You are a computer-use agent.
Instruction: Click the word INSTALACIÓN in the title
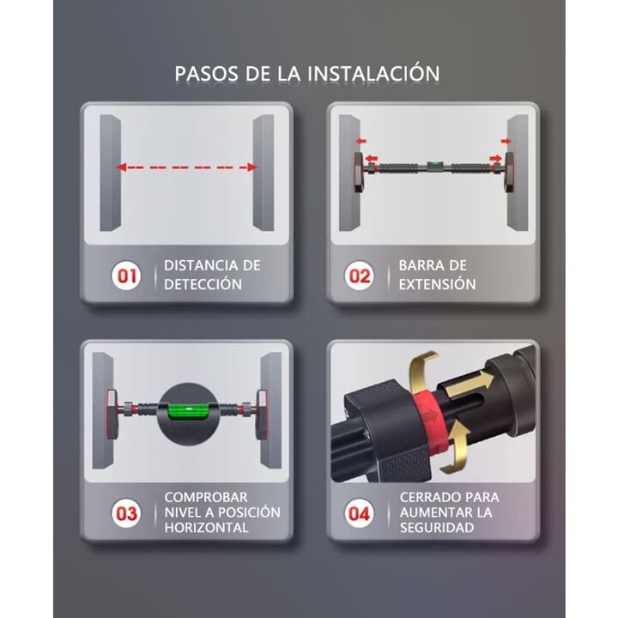[x=373, y=73]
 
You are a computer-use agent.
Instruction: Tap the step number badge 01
[x=126, y=276]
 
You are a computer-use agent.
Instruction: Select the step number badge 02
[x=360, y=276]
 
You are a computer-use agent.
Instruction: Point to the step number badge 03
[x=126, y=513]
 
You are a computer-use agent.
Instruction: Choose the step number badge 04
[x=360, y=513]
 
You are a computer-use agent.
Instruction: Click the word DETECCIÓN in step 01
[x=203, y=284]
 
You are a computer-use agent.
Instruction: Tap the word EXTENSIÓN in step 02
[x=437, y=284]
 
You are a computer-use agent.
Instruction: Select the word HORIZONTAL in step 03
[x=206, y=527]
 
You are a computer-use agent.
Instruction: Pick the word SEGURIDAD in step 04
[x=437, y=527]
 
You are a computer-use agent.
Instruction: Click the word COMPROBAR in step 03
[x=206, y=497]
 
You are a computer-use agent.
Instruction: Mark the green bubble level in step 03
[x=188, y=411]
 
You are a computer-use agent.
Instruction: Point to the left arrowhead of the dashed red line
[x=121, y=167]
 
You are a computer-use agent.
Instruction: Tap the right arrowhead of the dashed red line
[x=251, y=167]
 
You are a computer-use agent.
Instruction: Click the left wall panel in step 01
[x=110, y=173]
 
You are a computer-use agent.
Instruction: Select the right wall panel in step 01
[x=264, y=173]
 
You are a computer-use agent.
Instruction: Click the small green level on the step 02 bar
[x=434, y=163]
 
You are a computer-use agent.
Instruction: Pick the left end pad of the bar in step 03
[x=112, y=414]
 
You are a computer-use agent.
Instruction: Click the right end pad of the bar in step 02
[x=509, y=173]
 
